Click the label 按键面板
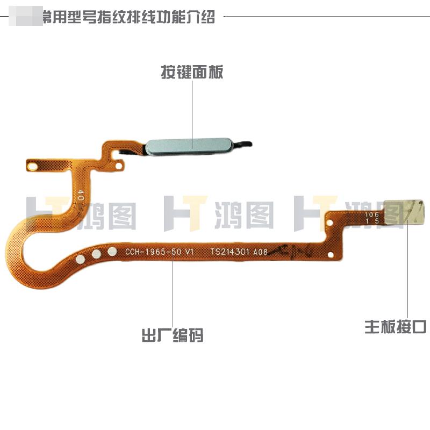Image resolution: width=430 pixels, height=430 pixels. tap(192, 72)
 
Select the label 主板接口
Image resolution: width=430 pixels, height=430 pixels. tap(396, 326)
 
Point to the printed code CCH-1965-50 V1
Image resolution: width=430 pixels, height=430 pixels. tap(159, 252)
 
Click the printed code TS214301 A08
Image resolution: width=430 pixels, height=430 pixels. tap(239, 252)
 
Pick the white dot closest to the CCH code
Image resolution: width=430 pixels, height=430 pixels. tap(112, 251)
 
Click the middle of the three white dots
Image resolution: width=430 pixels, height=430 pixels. tap(97, 254)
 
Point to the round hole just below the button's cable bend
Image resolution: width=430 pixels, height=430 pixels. tap(113, 158)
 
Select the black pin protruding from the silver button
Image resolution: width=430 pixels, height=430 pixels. tap(245, 144)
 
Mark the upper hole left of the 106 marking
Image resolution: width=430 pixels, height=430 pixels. tap(332, 220)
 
